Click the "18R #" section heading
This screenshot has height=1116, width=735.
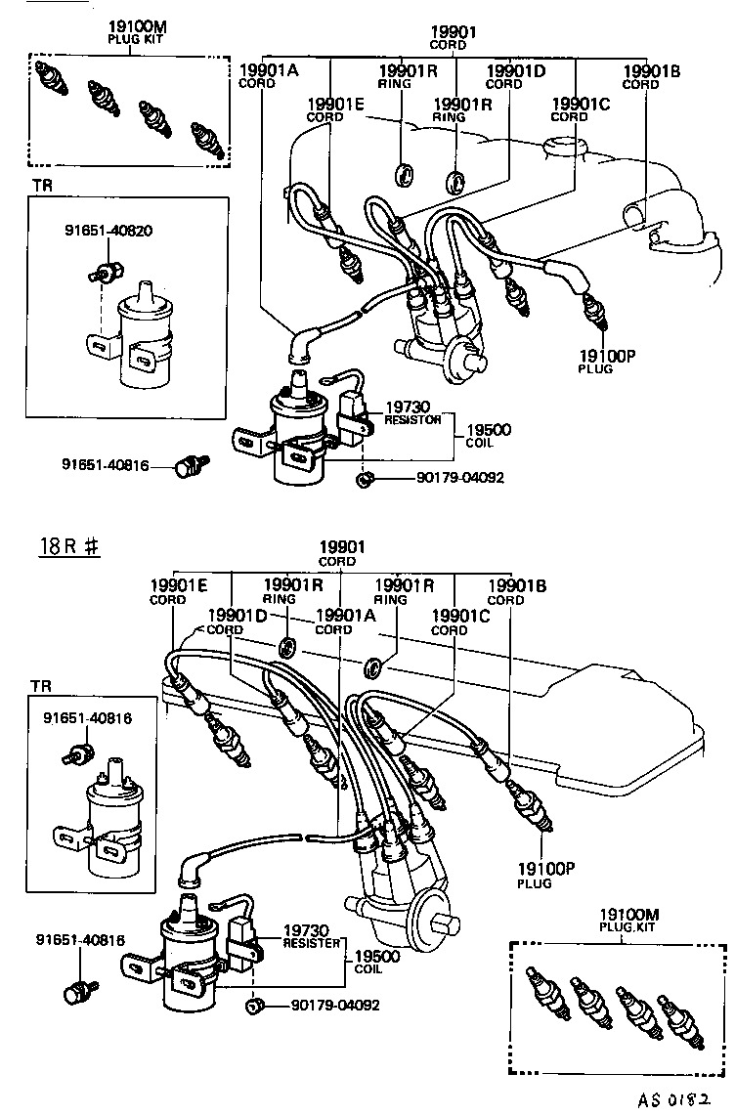pyautogui.click(x=69, y=548)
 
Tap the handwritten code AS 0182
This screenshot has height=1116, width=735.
pyautogui.click(x=683, y=1098)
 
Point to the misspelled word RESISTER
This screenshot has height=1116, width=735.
pyautogui.click(x=312, y=943)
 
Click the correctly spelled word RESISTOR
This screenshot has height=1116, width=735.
pyautogui.click(x=413, y=418)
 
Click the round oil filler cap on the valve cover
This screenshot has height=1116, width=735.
pyautogui.click(x=565, y=148)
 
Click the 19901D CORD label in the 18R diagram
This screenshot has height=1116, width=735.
pyautogui.click(x=237, y=622)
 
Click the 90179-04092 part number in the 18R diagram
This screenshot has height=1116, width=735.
pyautogui.click(x=331, y=1005)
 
